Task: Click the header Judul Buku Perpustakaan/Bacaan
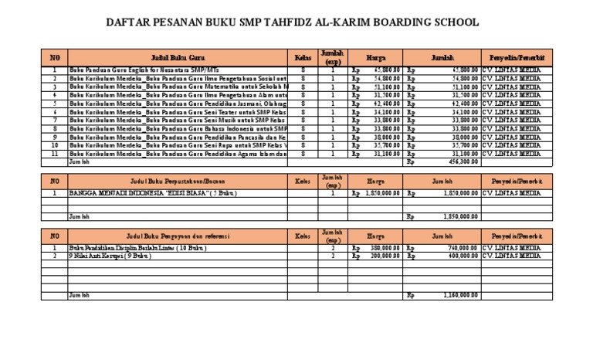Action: click(178, 181)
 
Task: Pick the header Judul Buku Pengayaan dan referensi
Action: click(178, 234)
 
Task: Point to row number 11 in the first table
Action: click(54, 154)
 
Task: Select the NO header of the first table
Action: click(54, 57)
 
